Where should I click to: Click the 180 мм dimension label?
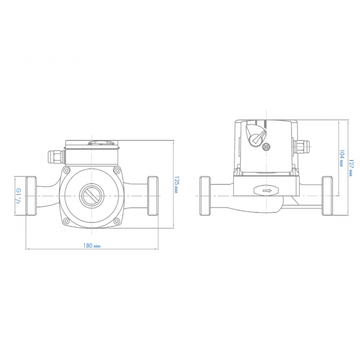92,246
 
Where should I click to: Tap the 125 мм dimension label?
176,185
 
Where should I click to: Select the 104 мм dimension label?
342,158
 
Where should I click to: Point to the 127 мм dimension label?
351,168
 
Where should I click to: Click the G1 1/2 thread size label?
19,196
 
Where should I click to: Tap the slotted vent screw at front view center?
92,196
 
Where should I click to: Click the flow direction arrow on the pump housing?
266,191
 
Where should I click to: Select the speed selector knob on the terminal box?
255,135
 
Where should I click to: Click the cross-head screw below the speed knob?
266,147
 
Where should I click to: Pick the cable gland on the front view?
56,157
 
